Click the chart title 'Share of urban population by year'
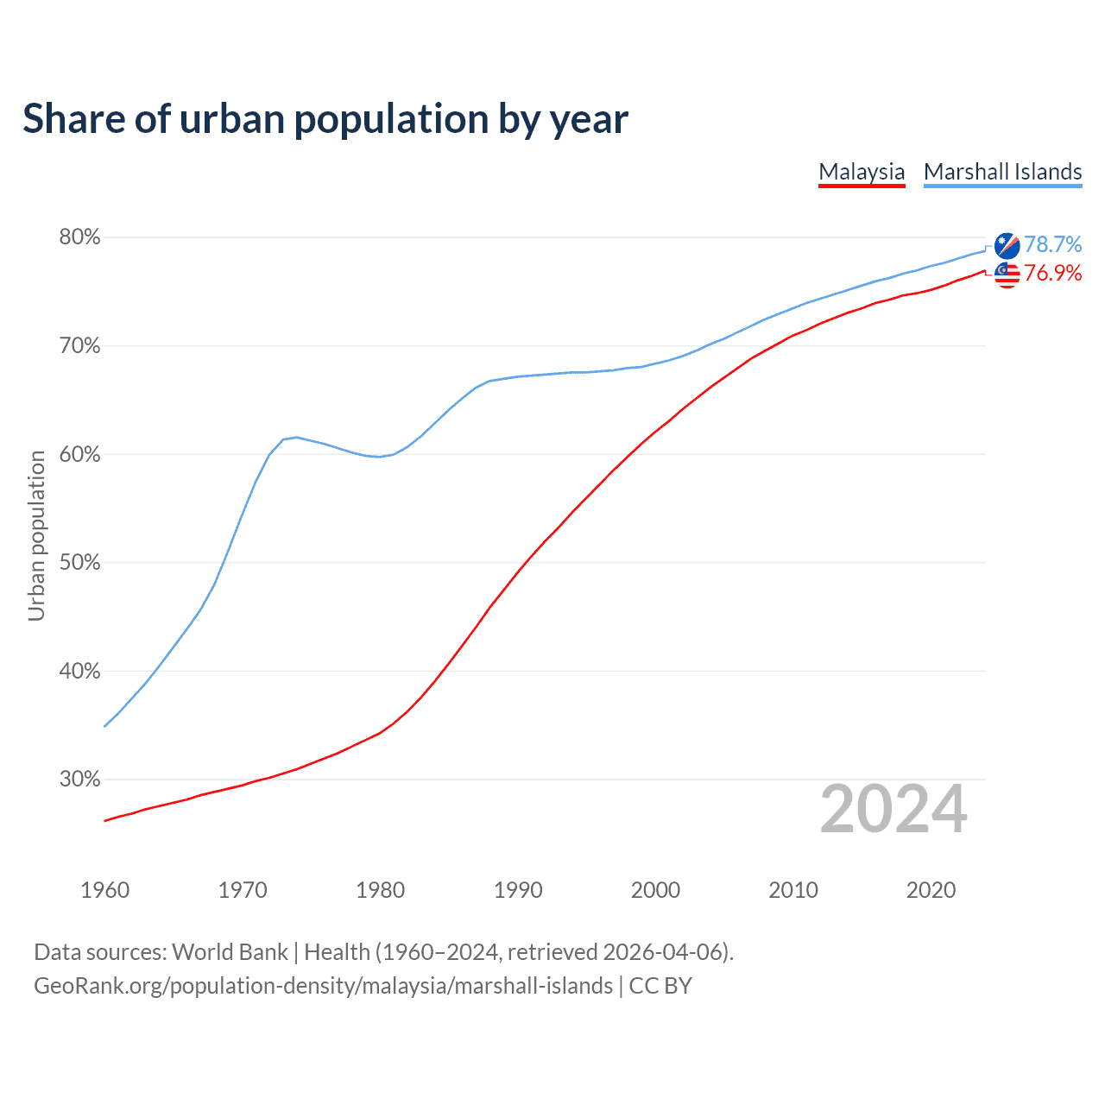[325, 119]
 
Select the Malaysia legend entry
[862, 172]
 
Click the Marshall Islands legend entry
[1002, 172]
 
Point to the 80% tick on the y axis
[79, 237]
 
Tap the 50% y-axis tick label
[79, 563]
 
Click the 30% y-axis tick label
[79, 780]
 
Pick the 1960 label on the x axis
[104, 890]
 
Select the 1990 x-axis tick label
[518, 890]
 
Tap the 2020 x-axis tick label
[931, 890]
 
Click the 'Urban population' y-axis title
[36, 535]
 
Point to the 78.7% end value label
[1052, 245]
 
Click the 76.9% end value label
[1052, 274]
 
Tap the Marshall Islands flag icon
[1007, 246]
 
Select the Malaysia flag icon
[1007, 275]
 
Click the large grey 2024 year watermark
[893, 809]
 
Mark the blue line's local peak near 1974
[296, 437]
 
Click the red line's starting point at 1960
[105, 820]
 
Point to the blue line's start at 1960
[105, 726]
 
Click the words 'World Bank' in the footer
[230, 952]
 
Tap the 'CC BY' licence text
[660, 986]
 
